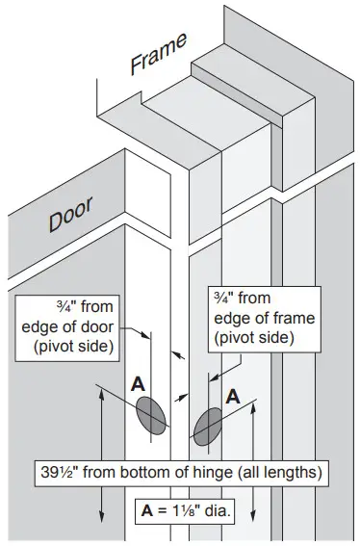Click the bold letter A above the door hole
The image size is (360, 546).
click(139, 384)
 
